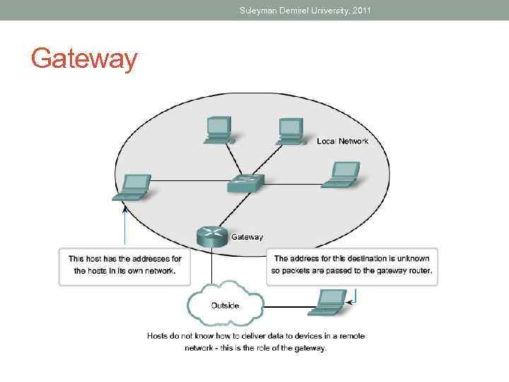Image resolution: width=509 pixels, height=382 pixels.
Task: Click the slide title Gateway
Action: pyautogui.click(x=84, y=59)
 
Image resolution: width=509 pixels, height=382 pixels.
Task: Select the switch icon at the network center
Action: pyautogui.click(x=245, y=184)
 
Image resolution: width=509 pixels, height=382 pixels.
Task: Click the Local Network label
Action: pyautogui.click(x=343, y=141)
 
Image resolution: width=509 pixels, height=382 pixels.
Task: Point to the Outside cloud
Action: pyautogui.click(x=225, y=304)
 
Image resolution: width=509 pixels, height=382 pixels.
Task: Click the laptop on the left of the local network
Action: pyautogui.click(x=132, y=187)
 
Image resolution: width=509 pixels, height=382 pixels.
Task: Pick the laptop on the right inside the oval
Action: pyautogui.click(x=341, y=175)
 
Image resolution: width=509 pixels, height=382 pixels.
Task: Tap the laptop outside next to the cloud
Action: pyautogui.click(x=328, y=302)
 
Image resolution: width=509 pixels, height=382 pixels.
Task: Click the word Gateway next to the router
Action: pyautogui.click(x=247, y=237)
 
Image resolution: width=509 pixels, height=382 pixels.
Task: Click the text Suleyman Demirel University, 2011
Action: pyautogui.click(x=305, y=10)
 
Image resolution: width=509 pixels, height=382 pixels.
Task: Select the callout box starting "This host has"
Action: pyautogui.click(x=124, y=265)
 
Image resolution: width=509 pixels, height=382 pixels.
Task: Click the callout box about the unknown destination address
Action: pyautogui.click(x=352, y=265)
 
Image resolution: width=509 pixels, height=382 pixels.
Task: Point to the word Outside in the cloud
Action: pyautogui.click(x=225, y=306)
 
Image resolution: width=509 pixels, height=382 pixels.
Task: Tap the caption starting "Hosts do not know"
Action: pyautogui.click(x=255, y=342)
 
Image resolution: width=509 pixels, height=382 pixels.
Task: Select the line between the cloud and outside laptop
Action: pyautogui.click(x=286, y=306)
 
